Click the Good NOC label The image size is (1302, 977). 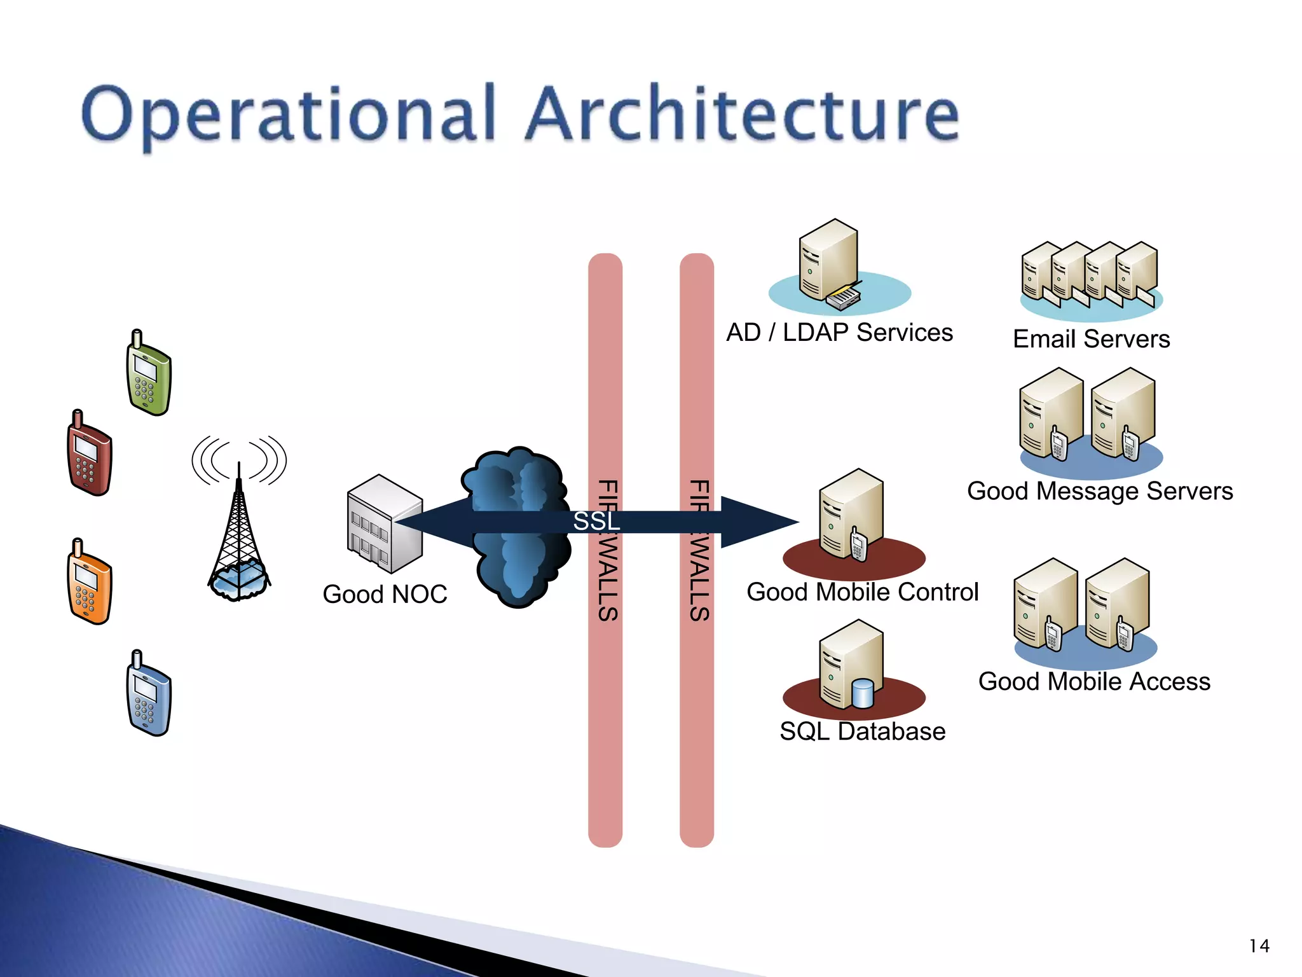(x=385, y=594)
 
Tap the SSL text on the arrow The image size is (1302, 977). (x=596, y=522)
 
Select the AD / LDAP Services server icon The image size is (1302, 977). (x=830, y=264)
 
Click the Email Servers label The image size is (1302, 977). (x=1091, y=339)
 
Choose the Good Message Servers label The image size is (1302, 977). (x=1100, y=491)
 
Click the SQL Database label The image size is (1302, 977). (x=862, y=731)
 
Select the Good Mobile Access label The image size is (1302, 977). (x=1094, y=681)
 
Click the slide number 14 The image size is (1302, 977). (x=1259, y=946)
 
